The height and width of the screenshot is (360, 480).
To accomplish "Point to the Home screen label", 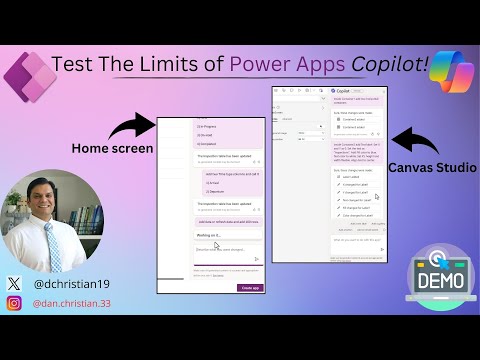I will (111, 148).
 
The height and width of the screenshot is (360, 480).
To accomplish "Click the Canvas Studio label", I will (432, 167).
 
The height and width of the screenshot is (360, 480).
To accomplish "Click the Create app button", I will (250, 287).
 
